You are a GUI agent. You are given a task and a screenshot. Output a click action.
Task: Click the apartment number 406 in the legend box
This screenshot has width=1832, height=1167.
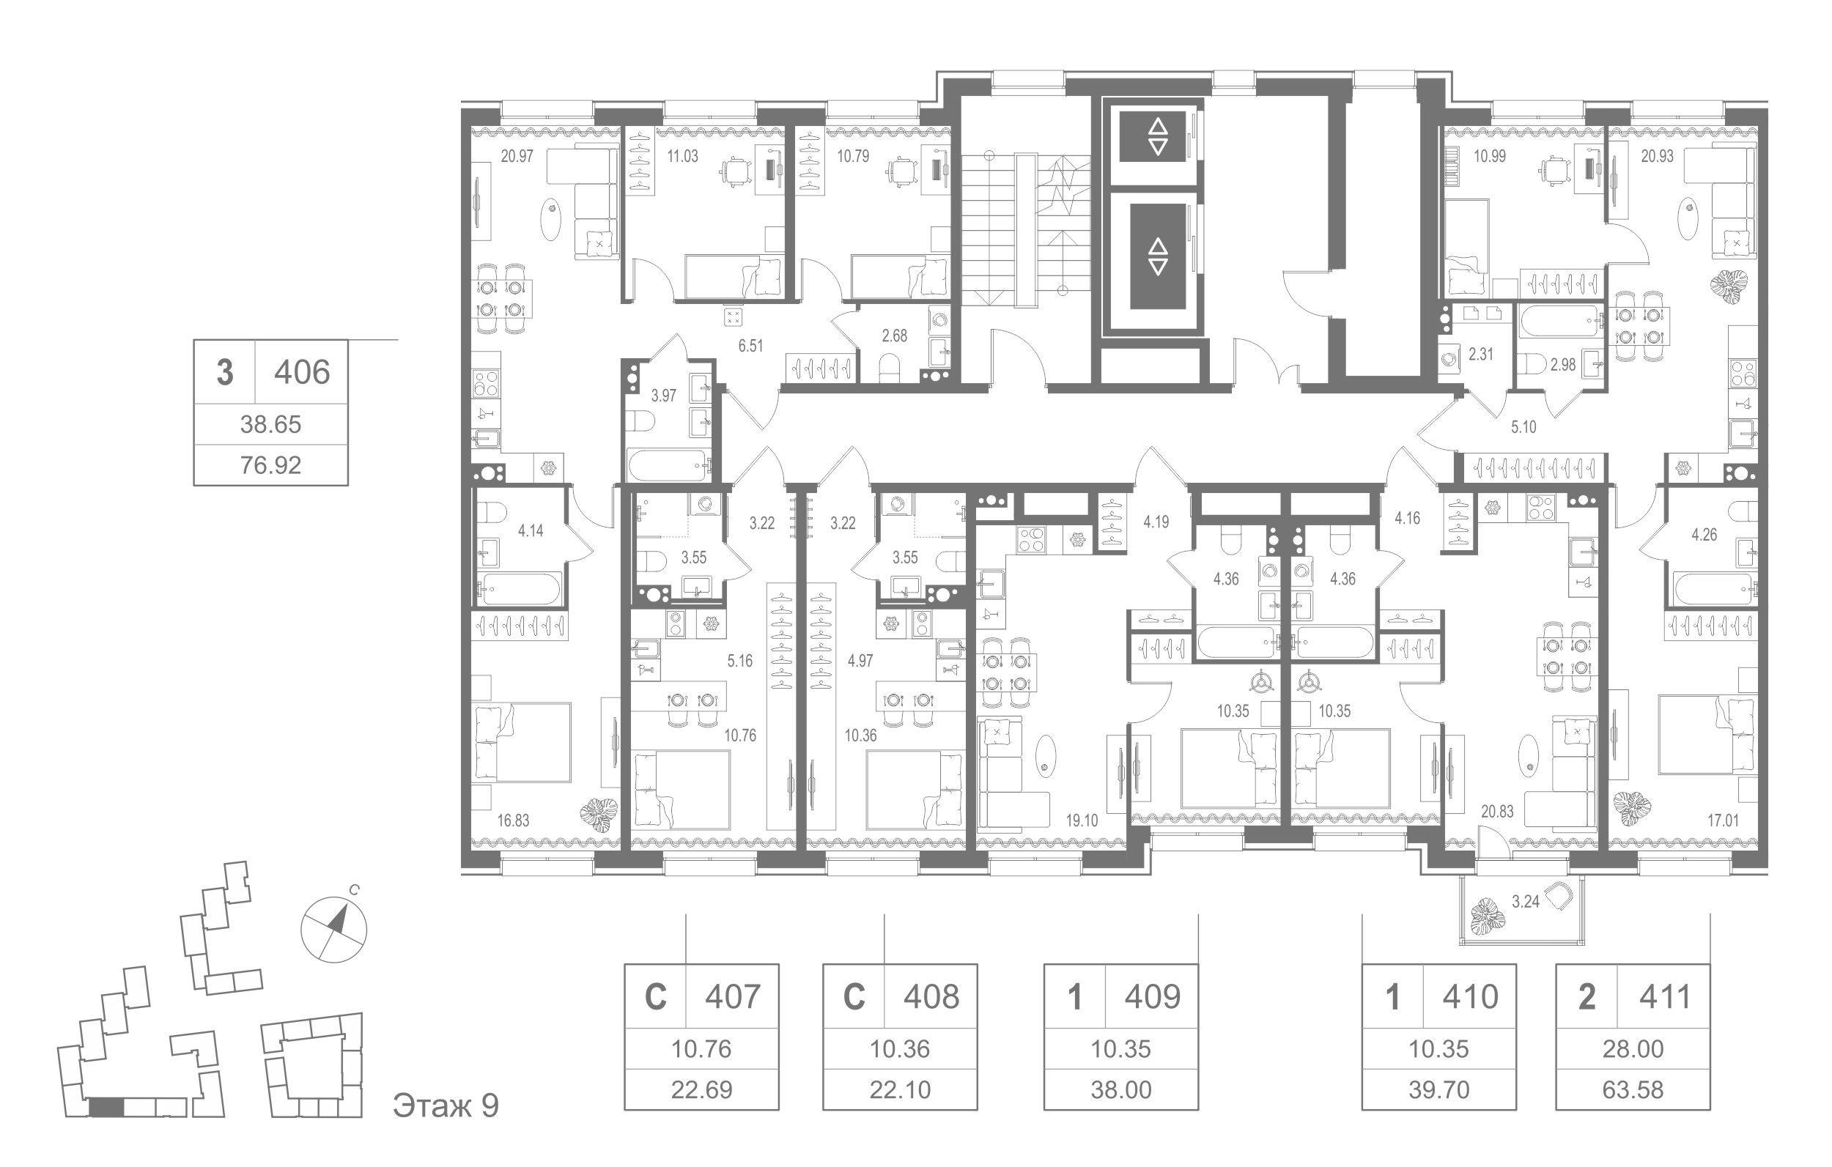[302, 373]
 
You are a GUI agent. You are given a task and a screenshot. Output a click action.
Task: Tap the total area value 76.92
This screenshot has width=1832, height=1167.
[271, 464]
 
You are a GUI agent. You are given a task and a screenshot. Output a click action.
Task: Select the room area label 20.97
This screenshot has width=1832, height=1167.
[517, 157]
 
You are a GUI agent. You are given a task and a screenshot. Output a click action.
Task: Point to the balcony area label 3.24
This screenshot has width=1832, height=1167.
[1525, 903]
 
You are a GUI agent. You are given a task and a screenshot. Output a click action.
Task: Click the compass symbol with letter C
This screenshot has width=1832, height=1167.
[334, 929]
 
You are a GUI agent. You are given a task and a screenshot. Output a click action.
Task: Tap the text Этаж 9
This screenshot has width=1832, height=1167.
[446, 1106]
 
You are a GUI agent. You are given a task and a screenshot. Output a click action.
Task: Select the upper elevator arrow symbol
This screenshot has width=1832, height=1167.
[1157, 137]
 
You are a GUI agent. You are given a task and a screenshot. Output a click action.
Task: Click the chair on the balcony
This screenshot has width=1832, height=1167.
[1559, 897]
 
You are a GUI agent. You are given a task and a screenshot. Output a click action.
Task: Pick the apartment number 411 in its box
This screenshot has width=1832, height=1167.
[1665, 996]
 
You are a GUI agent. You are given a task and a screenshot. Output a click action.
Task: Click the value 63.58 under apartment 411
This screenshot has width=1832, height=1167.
[1633, 1090]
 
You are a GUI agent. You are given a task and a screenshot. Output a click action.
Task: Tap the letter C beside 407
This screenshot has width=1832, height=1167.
[655, 996]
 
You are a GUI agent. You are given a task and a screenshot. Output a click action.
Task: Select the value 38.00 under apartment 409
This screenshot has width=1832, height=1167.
[1120, 1090]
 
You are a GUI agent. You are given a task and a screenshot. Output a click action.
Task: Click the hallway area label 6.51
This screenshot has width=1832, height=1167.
[750, 346]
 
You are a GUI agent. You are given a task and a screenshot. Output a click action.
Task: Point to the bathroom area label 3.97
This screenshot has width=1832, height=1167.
[663, 396]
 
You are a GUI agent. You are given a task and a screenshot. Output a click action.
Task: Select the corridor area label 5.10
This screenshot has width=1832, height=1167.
[1523, 428]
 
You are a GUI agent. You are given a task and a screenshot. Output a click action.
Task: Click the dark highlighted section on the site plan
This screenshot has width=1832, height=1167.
[105, 1108]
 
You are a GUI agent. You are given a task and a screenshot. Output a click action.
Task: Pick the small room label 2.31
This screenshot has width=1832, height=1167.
[1480, 355]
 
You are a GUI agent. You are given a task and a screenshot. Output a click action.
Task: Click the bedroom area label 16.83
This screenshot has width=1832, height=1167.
[513, 820]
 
